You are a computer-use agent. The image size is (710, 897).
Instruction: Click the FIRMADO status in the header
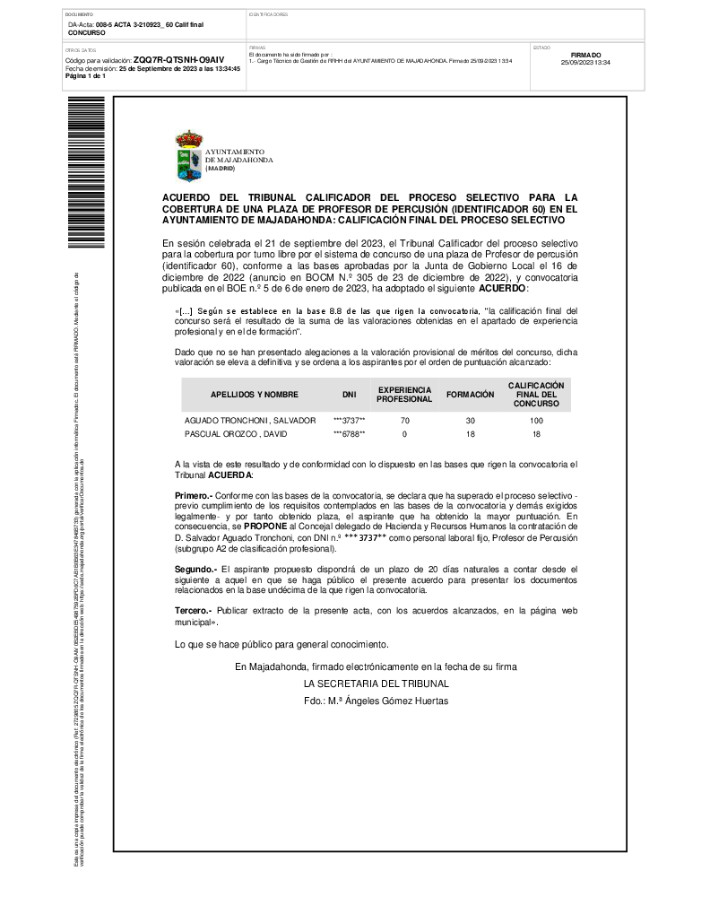584,55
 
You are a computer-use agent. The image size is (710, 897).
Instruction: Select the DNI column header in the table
349,395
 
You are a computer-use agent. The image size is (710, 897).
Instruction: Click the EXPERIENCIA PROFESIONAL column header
403,395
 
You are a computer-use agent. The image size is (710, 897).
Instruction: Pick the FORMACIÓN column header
471,395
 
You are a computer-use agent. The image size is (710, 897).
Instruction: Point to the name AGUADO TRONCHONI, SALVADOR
250,420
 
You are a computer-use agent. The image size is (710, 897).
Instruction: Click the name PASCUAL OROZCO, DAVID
237,434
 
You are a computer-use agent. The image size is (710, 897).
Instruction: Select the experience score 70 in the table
404,420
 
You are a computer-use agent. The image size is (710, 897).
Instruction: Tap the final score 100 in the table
536,420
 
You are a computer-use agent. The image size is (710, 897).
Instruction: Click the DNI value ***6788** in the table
349,434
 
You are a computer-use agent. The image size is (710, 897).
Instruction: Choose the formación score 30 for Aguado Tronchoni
471,420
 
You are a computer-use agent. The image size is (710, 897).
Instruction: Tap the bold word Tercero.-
193,610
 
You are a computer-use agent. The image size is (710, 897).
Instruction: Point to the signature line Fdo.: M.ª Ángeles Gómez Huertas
376,701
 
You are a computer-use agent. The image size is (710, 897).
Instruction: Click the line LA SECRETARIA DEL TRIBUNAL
376,684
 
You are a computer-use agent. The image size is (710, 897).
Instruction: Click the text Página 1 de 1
86,76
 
